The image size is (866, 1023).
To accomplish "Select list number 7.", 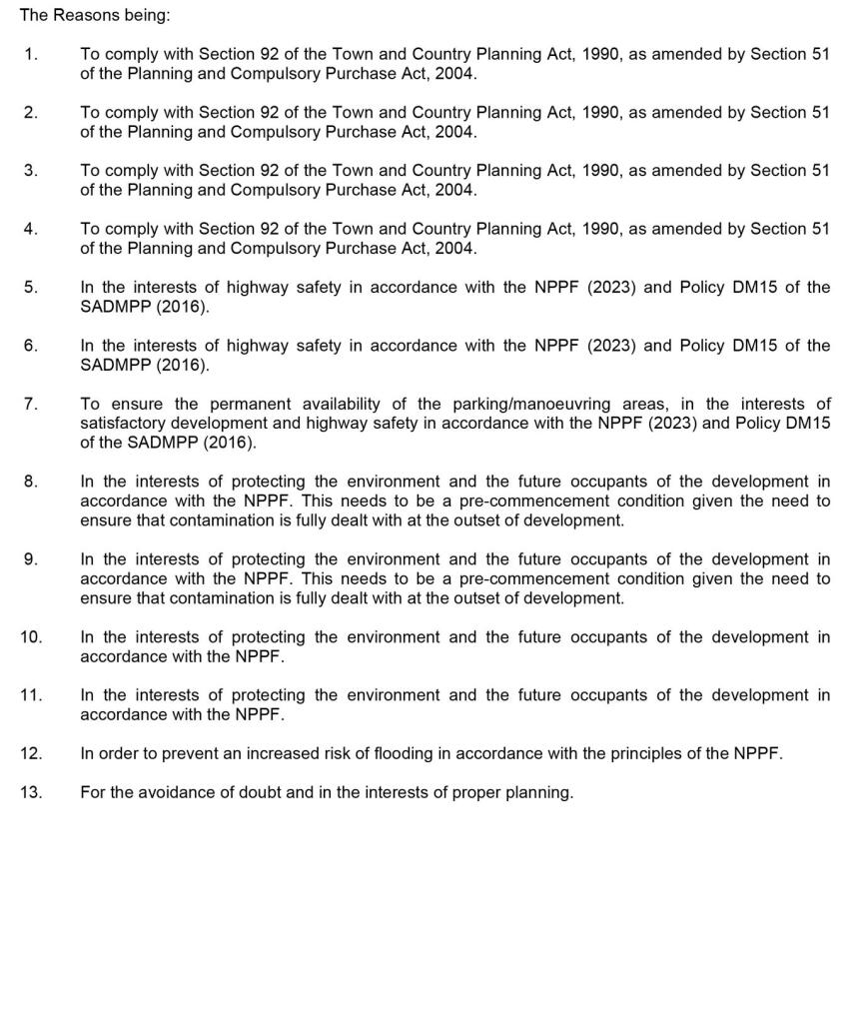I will click(x=31, y=404).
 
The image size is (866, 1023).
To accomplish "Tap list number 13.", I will click(x=31, y=792).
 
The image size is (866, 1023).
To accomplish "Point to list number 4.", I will click(x=31, y=229).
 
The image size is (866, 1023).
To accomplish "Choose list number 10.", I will click(x=31, y=636).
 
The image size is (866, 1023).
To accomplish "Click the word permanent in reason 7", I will click(x=249, y=404).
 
